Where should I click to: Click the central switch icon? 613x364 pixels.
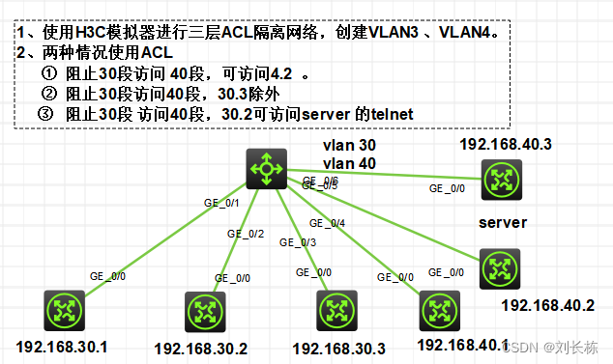(x=265, y=169)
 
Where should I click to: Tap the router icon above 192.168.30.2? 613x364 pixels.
(x=204, y=310)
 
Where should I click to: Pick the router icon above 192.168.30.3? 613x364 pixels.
(x=336, y=310)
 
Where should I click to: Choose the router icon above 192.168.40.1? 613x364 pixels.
(x=438, y=310)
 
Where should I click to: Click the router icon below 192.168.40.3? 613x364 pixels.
(x=501, y=179)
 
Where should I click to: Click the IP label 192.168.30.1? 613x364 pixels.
(x=62, y=346)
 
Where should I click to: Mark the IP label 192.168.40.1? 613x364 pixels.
(x=462, y=345)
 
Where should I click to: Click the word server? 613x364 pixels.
(x=502, y=223)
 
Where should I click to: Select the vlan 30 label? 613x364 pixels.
(x=349, y=145)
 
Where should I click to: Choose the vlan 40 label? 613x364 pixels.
(x=349, y=163)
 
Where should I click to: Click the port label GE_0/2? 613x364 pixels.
(x=245, y=234)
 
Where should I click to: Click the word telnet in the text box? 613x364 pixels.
(x=388, y=114)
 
